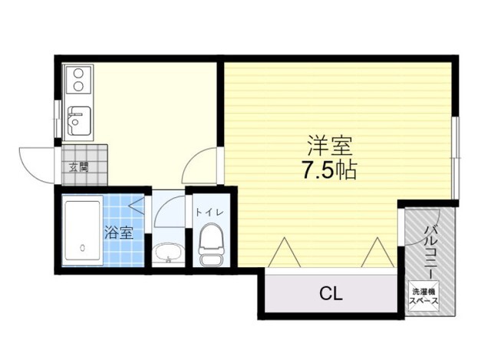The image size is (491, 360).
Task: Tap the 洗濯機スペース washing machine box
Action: [424, 297]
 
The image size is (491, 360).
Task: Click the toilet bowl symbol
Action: [208, 242]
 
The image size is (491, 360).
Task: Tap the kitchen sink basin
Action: [80, 121]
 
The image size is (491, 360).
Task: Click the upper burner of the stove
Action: [77, 74]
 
